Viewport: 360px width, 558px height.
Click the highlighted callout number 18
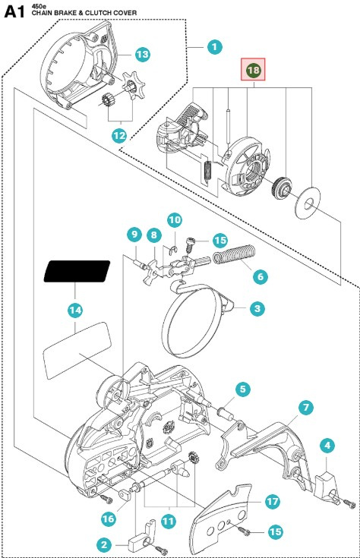(x=253, y=69)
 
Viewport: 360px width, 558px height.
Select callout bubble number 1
(x=214, y=46)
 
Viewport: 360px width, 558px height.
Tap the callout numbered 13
(x=143, y=55)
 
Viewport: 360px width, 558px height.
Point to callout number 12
(x=119, y=135)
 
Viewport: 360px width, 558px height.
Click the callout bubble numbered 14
(x=75, y=311)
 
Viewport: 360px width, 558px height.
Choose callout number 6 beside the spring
(x=261, y=276)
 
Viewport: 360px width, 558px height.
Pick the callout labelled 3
(x=257, y=308)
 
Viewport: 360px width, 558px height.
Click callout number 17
(x=273, y=501)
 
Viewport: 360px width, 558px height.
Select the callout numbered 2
(x=104, y=544)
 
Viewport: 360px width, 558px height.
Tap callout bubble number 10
(x=175, y=220)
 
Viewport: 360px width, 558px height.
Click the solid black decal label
(x=77, y=271)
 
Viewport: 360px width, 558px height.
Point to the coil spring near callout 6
(x=234, y=254)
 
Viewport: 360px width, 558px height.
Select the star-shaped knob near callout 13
(x=131, y=85)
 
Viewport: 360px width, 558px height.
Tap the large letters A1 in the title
(x=14, y=12)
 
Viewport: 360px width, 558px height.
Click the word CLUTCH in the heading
(x=97, y=13)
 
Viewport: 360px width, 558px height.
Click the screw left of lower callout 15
(x=245, y=531)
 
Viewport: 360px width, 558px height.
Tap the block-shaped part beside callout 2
(x=137, y=542)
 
